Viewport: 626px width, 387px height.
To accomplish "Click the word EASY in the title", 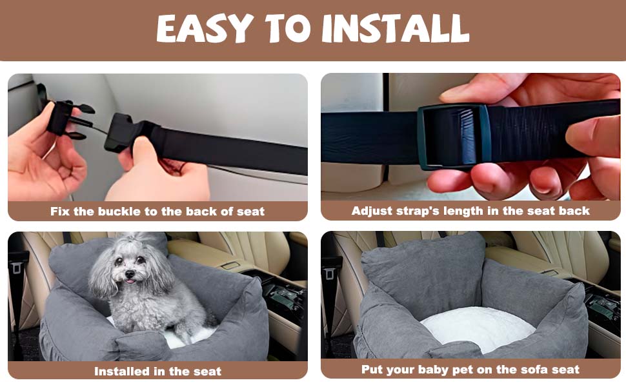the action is pos(205,28).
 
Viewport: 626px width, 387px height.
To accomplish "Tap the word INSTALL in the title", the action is pos(395,28).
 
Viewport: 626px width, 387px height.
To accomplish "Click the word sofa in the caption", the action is pos(509,370).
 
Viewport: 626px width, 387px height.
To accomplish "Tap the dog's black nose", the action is pos(130,275).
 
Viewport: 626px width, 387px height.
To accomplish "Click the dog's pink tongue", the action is pos(129,282).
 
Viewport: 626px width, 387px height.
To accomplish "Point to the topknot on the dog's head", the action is pos(134,239).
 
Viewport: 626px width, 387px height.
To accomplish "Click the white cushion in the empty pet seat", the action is pos(477,328).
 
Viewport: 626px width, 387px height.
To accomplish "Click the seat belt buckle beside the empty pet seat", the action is pos(331,271).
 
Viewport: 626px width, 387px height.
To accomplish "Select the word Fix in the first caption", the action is pos(60,212).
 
